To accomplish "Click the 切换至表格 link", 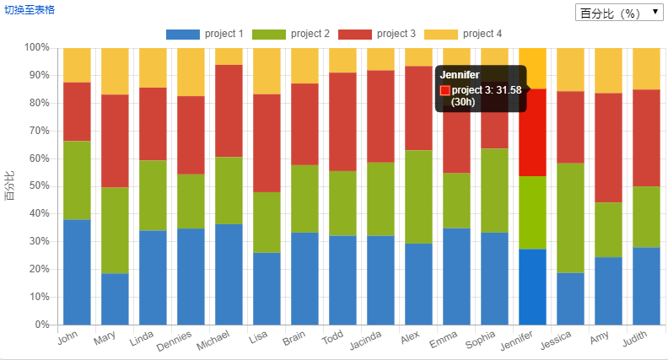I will (30, 9).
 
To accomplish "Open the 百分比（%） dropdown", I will (618, 13).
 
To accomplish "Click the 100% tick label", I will (36, 48).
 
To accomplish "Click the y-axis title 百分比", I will (10, 185).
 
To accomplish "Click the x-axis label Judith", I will (634, 341).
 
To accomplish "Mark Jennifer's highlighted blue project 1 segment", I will (532, 287).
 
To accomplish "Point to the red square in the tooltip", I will (445, 90).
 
